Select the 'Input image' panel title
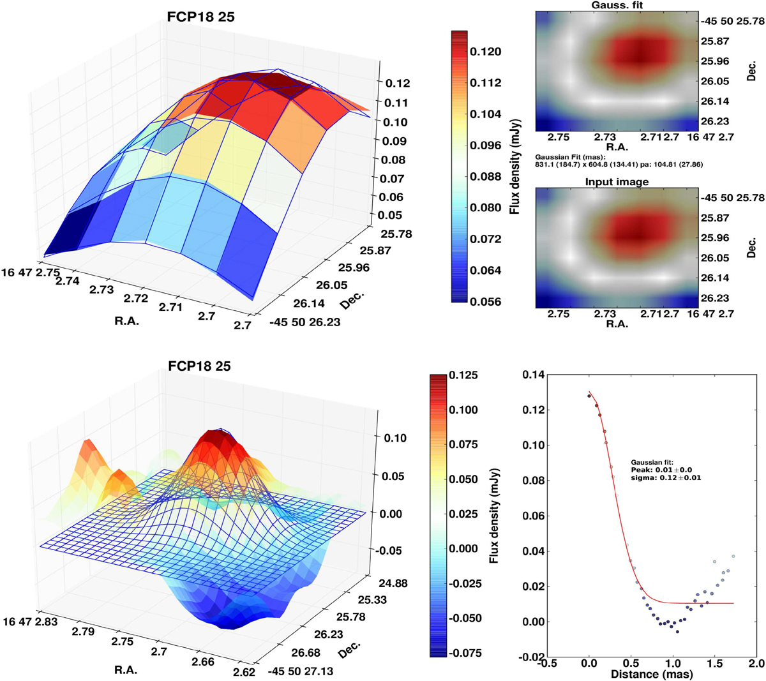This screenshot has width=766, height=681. pyautogui.click(x=617, y=182)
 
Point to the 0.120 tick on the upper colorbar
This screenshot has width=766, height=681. pyautogui.click(x=485, y=52)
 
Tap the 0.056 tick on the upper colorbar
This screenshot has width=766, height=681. pyautogui.click(x=485, y=301)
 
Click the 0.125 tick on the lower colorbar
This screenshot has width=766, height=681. pyautogui.click(x=463, y=375)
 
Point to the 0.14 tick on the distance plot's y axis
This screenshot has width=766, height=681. pyautogui.click(x=535, y=376)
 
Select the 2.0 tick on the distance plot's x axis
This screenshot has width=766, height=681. pyautogui.click(x=756, y=664)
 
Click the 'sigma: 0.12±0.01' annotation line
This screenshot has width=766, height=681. pyautogui.click(x=666, y=477)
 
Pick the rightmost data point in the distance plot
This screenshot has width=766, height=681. pyautogui.click(x=733, y=557)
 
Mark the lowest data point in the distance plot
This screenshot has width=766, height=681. pyautogui.click(x=677, y=632)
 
